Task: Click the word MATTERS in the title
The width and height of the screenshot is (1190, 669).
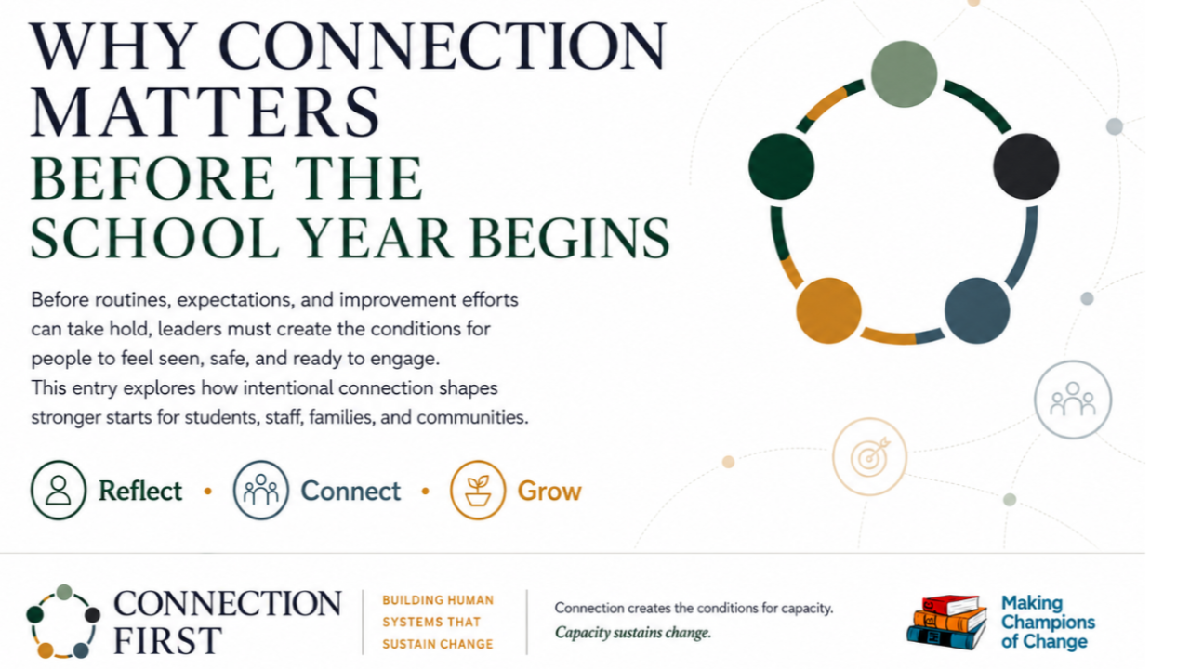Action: pos(205,111)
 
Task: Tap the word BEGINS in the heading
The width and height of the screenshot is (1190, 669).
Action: pos(570,238)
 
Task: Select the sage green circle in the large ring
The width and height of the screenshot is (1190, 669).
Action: pos(904,73)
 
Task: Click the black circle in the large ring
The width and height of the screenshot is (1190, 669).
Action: pos(1025,166)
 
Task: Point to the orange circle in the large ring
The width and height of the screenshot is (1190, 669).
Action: pos(828,310)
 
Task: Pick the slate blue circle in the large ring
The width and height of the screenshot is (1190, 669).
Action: pos(977,310)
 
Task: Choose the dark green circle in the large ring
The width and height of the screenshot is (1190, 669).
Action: pos(781,166)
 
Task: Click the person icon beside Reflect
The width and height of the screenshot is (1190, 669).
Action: pos(59,490)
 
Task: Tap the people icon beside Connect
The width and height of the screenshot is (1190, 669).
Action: pos(261,490)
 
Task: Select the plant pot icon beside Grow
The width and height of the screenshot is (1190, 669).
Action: pos(478,490)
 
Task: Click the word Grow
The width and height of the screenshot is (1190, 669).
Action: pos(549,492)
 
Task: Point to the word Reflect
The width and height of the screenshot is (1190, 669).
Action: pos(140,491)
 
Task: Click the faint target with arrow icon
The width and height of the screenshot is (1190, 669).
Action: pos(869,456)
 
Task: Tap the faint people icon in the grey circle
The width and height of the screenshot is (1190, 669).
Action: pos(1073,400)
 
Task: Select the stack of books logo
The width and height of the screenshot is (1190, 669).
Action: pos(946,623)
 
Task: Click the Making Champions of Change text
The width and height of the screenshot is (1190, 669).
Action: pos(1048,623)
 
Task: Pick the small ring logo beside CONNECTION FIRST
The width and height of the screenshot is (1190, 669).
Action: pos(63,622)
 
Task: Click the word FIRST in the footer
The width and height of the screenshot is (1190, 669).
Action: pos(167,640)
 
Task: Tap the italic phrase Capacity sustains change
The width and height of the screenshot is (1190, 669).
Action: pos(633,633)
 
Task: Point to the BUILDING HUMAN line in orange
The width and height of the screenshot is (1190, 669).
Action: pos(438,600)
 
